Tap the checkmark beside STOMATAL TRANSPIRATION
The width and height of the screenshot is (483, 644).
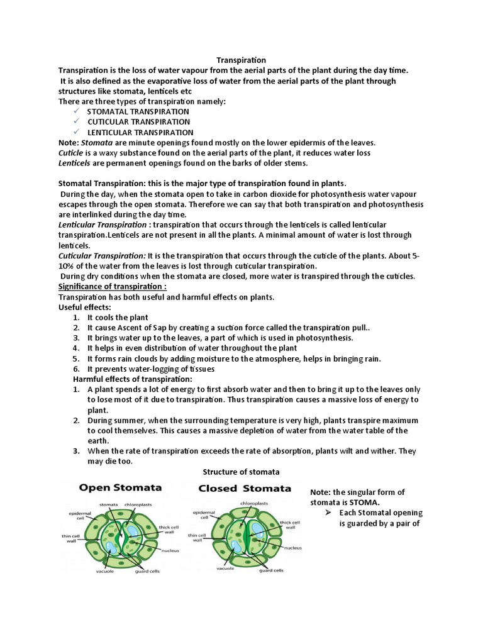76,111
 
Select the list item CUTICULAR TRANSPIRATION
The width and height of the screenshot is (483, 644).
138,122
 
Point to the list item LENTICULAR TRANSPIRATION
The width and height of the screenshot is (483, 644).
140,133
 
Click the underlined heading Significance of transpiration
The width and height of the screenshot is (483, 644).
113,287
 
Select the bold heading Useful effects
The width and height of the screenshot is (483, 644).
85,307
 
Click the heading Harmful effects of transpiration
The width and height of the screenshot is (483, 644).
133,379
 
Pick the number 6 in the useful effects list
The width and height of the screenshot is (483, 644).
75,369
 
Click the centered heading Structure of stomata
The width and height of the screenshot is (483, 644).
241,472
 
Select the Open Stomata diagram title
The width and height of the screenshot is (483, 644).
119,488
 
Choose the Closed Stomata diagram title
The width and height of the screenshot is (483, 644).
245,489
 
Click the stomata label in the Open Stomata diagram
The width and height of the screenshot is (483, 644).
109,504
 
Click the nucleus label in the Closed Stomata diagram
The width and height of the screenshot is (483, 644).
293,548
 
